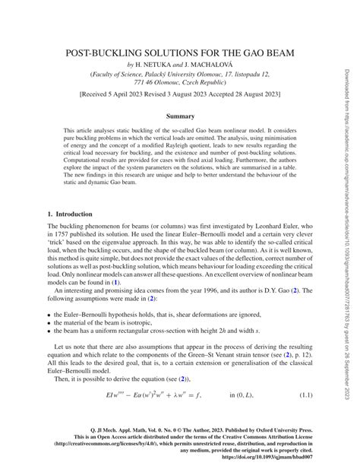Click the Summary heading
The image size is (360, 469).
(179, 116)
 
